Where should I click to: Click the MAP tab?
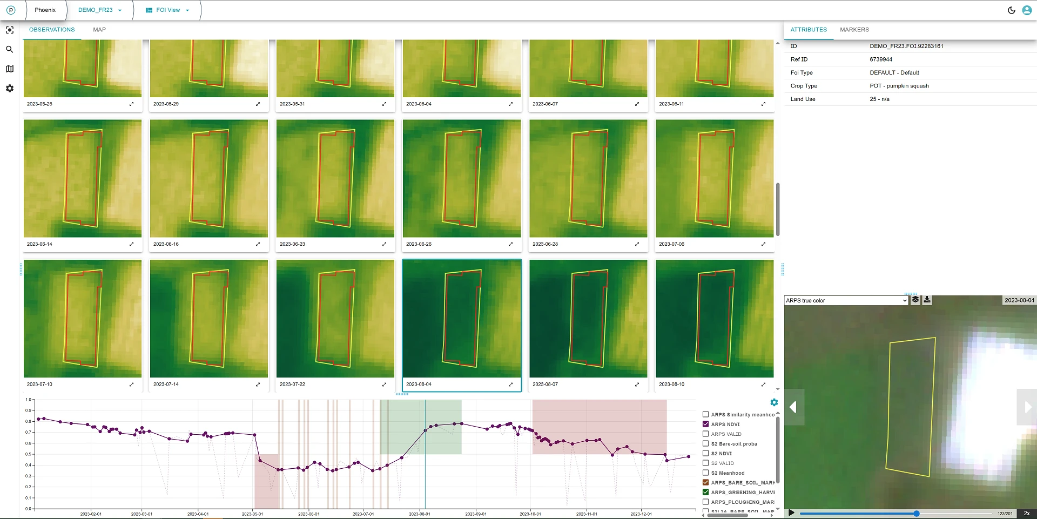point(99,30)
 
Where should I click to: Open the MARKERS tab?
point(854,30)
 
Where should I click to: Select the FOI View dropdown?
point(167,10)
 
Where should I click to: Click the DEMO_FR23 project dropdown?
point(100,10)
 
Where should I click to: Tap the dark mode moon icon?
point(1011,10)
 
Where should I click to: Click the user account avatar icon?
point(1027,10)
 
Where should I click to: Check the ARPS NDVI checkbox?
point(705,424)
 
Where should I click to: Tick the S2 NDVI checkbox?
point(705,453)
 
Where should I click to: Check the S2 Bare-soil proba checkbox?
point(705,443)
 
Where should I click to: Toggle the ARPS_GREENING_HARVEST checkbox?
point(705,492)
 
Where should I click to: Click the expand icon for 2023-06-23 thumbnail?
point(384,244)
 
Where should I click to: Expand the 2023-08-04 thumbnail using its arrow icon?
point(510,385)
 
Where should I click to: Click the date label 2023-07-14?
point(166,385)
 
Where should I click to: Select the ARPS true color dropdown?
point(846,300)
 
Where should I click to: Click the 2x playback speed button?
point(1026,513)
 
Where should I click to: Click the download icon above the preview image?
point(927,300)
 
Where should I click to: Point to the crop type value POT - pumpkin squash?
point(899,86)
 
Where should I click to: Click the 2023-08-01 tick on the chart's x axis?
point(420,514)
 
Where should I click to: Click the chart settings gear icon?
point(774,402)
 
